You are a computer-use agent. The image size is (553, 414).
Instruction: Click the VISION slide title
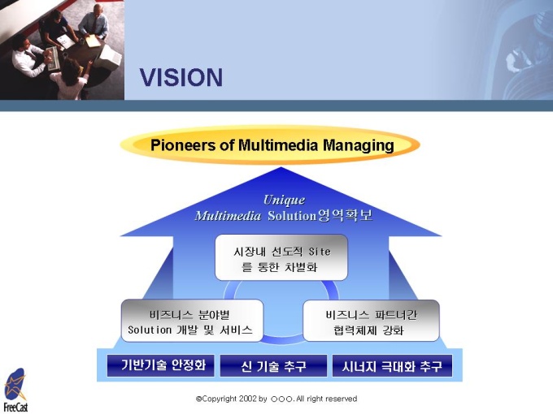181,77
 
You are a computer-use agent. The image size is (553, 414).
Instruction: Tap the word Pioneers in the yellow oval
182,145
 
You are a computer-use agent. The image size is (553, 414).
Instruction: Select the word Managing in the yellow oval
359,146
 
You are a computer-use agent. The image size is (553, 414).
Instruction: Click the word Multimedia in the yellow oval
278,145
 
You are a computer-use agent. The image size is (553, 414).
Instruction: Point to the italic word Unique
285,201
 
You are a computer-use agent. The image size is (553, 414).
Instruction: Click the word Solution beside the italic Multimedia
293,215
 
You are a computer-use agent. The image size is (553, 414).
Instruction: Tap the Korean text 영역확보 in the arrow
345,215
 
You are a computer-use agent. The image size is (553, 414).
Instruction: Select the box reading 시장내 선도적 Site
281,257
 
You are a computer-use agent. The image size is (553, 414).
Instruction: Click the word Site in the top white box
320,252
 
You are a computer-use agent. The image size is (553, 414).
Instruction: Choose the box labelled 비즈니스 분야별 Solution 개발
192,321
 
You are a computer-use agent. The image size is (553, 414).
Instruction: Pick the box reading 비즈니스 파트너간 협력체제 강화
372,321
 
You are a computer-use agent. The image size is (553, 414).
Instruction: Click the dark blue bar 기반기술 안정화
161,365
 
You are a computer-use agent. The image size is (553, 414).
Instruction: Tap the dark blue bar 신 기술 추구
274,366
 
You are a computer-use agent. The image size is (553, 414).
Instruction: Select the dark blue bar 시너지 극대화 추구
392,366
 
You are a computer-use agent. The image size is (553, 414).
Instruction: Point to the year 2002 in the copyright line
247,399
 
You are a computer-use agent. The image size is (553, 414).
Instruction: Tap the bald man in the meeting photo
94,21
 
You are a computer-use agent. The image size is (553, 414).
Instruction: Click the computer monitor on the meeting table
107,56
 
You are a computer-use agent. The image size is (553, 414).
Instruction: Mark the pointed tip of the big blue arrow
281,167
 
